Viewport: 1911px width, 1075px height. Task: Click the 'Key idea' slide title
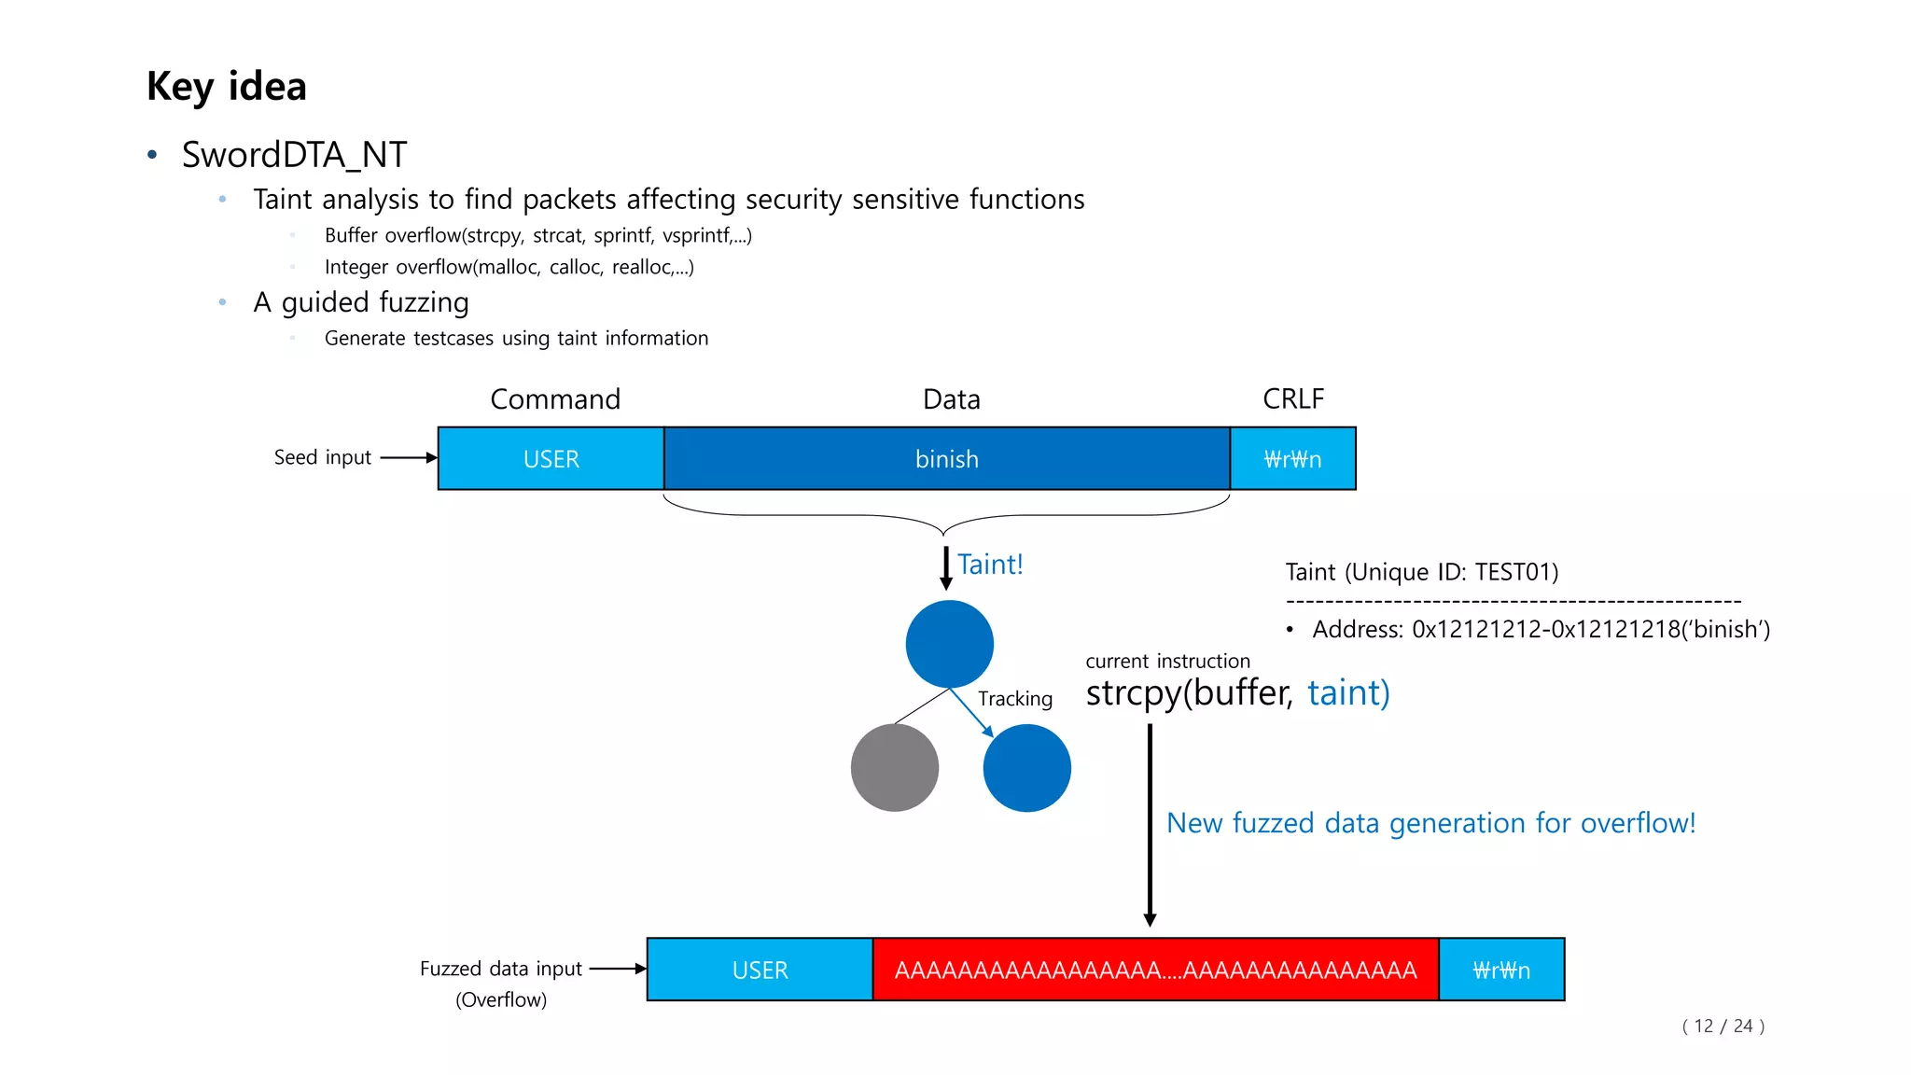tap(226, 87)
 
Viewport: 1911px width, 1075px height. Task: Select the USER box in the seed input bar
tap(551, 459)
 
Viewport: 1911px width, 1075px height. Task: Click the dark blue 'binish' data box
tap(946, 459)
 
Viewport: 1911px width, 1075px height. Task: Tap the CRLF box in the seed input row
tap(1292, 459)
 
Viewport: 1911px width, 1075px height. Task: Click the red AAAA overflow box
tap(1155, 970)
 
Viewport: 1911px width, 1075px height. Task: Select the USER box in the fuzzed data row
tap(760, 970)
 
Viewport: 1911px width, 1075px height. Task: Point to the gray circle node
tap(894, 768)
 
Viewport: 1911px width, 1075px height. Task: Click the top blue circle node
tap(949, 644)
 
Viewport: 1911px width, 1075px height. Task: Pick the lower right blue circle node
tap(1026, 768)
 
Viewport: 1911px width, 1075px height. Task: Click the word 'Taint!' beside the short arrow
tap(990, 565)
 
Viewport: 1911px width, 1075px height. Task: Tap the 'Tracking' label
tap(1015, 699)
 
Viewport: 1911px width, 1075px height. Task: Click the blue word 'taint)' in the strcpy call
tap(1348, 693)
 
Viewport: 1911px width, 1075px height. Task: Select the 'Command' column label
tap(555, 399)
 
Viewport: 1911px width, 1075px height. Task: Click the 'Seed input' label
tap(322, 457)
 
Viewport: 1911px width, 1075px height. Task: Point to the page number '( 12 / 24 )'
tap(1723, 1026)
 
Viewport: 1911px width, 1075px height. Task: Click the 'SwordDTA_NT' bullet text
tap(294, 155)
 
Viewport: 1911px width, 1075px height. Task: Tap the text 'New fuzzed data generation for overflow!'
tap(1430, 823)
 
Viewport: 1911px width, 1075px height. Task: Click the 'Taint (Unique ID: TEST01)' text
tap(1421, 572)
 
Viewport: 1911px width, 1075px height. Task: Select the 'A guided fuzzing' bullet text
tap(361, 302)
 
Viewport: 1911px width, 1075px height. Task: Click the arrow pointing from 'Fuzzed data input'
tap(618, 969)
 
